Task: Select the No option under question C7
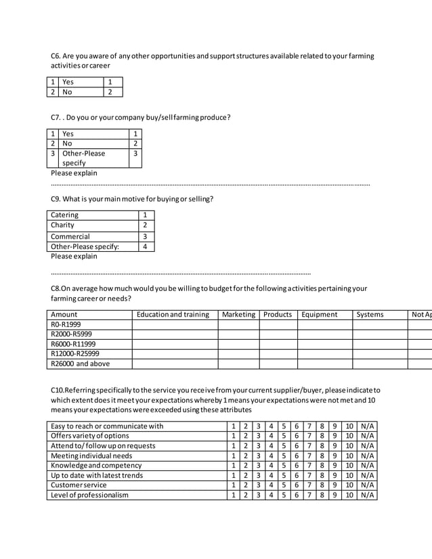pyautogui.click(x=67, y=143)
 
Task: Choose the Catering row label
pyautogui.click(x=65, y=215)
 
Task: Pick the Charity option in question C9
pyautogui.click(x=63, y=225)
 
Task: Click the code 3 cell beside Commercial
pyautogui.click(x=144, y=236)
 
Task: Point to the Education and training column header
pyautogui.click(x=173, y=314)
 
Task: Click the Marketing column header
pyautogui.click(x=238, y=314)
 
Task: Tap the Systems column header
pyautogui.click(x=370, y=314)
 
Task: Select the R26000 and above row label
pyautogui.click(x=81, y=363)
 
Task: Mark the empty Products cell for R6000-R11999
pyautogui.click(x=278, y=344)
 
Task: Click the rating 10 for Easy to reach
pyautogui.click(x=349, y=426)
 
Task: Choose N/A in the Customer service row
pyautogui.click(x=367, y=485)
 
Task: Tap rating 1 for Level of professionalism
pyautogui.click(x=233, y=495)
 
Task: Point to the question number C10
pyautogui.click(x=58, y=390)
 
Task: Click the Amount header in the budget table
pyautogui.click(x=64, y=314)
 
